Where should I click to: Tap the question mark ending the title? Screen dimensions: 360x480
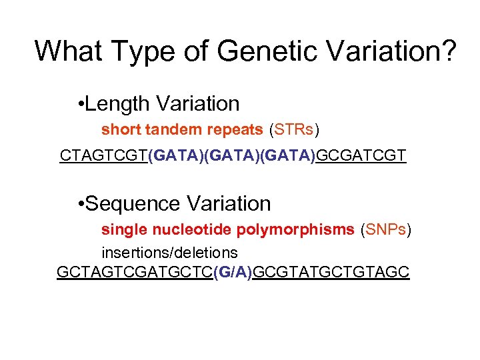(x=449, y=51)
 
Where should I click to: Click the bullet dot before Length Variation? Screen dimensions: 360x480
(x=80, y=105)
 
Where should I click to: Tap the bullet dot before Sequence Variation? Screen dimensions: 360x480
(x=80, y=204)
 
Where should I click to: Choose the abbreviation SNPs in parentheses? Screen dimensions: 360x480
(x=386, y=230)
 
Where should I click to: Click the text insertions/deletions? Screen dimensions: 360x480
(x=169, y=253)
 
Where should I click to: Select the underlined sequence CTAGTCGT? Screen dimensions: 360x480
(x=104, y=156)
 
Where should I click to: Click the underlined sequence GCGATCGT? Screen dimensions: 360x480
(x=361, y=156)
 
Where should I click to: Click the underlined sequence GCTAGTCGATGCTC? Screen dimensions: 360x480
(x=135, y=273)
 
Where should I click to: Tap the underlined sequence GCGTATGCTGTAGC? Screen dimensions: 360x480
(x=332, y=273)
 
